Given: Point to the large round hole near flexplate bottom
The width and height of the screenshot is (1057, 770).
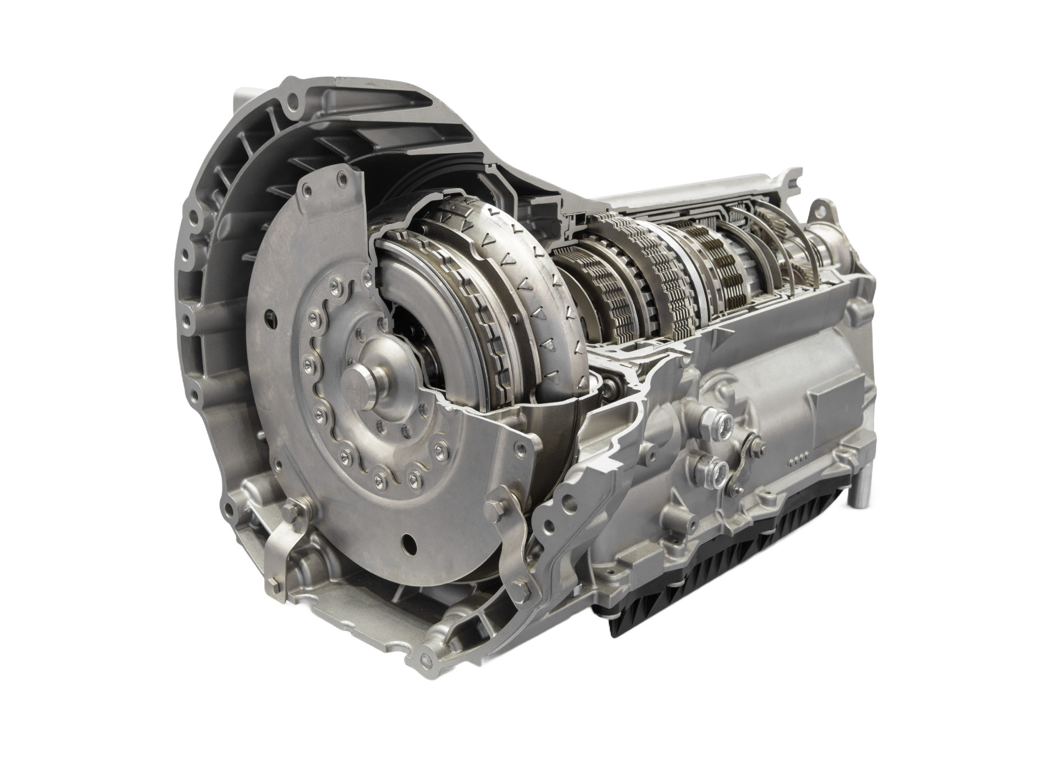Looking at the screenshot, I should [x=408, y=541].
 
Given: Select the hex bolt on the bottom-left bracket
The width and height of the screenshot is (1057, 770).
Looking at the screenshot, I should [x=287, y=514].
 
